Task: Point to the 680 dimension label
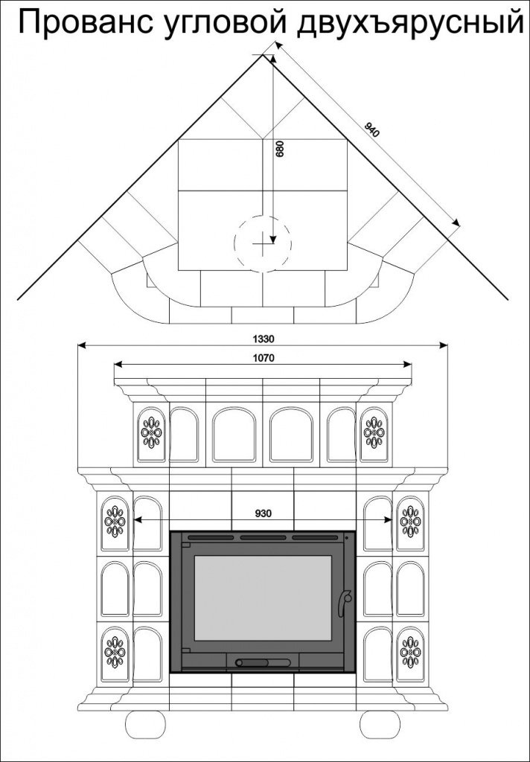280,149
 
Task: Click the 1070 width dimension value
264,358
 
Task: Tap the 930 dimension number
263,513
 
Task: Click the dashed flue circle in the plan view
262,242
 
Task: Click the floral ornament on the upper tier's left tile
151,432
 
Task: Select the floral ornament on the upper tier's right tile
374,432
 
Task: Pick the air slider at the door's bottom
253,662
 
